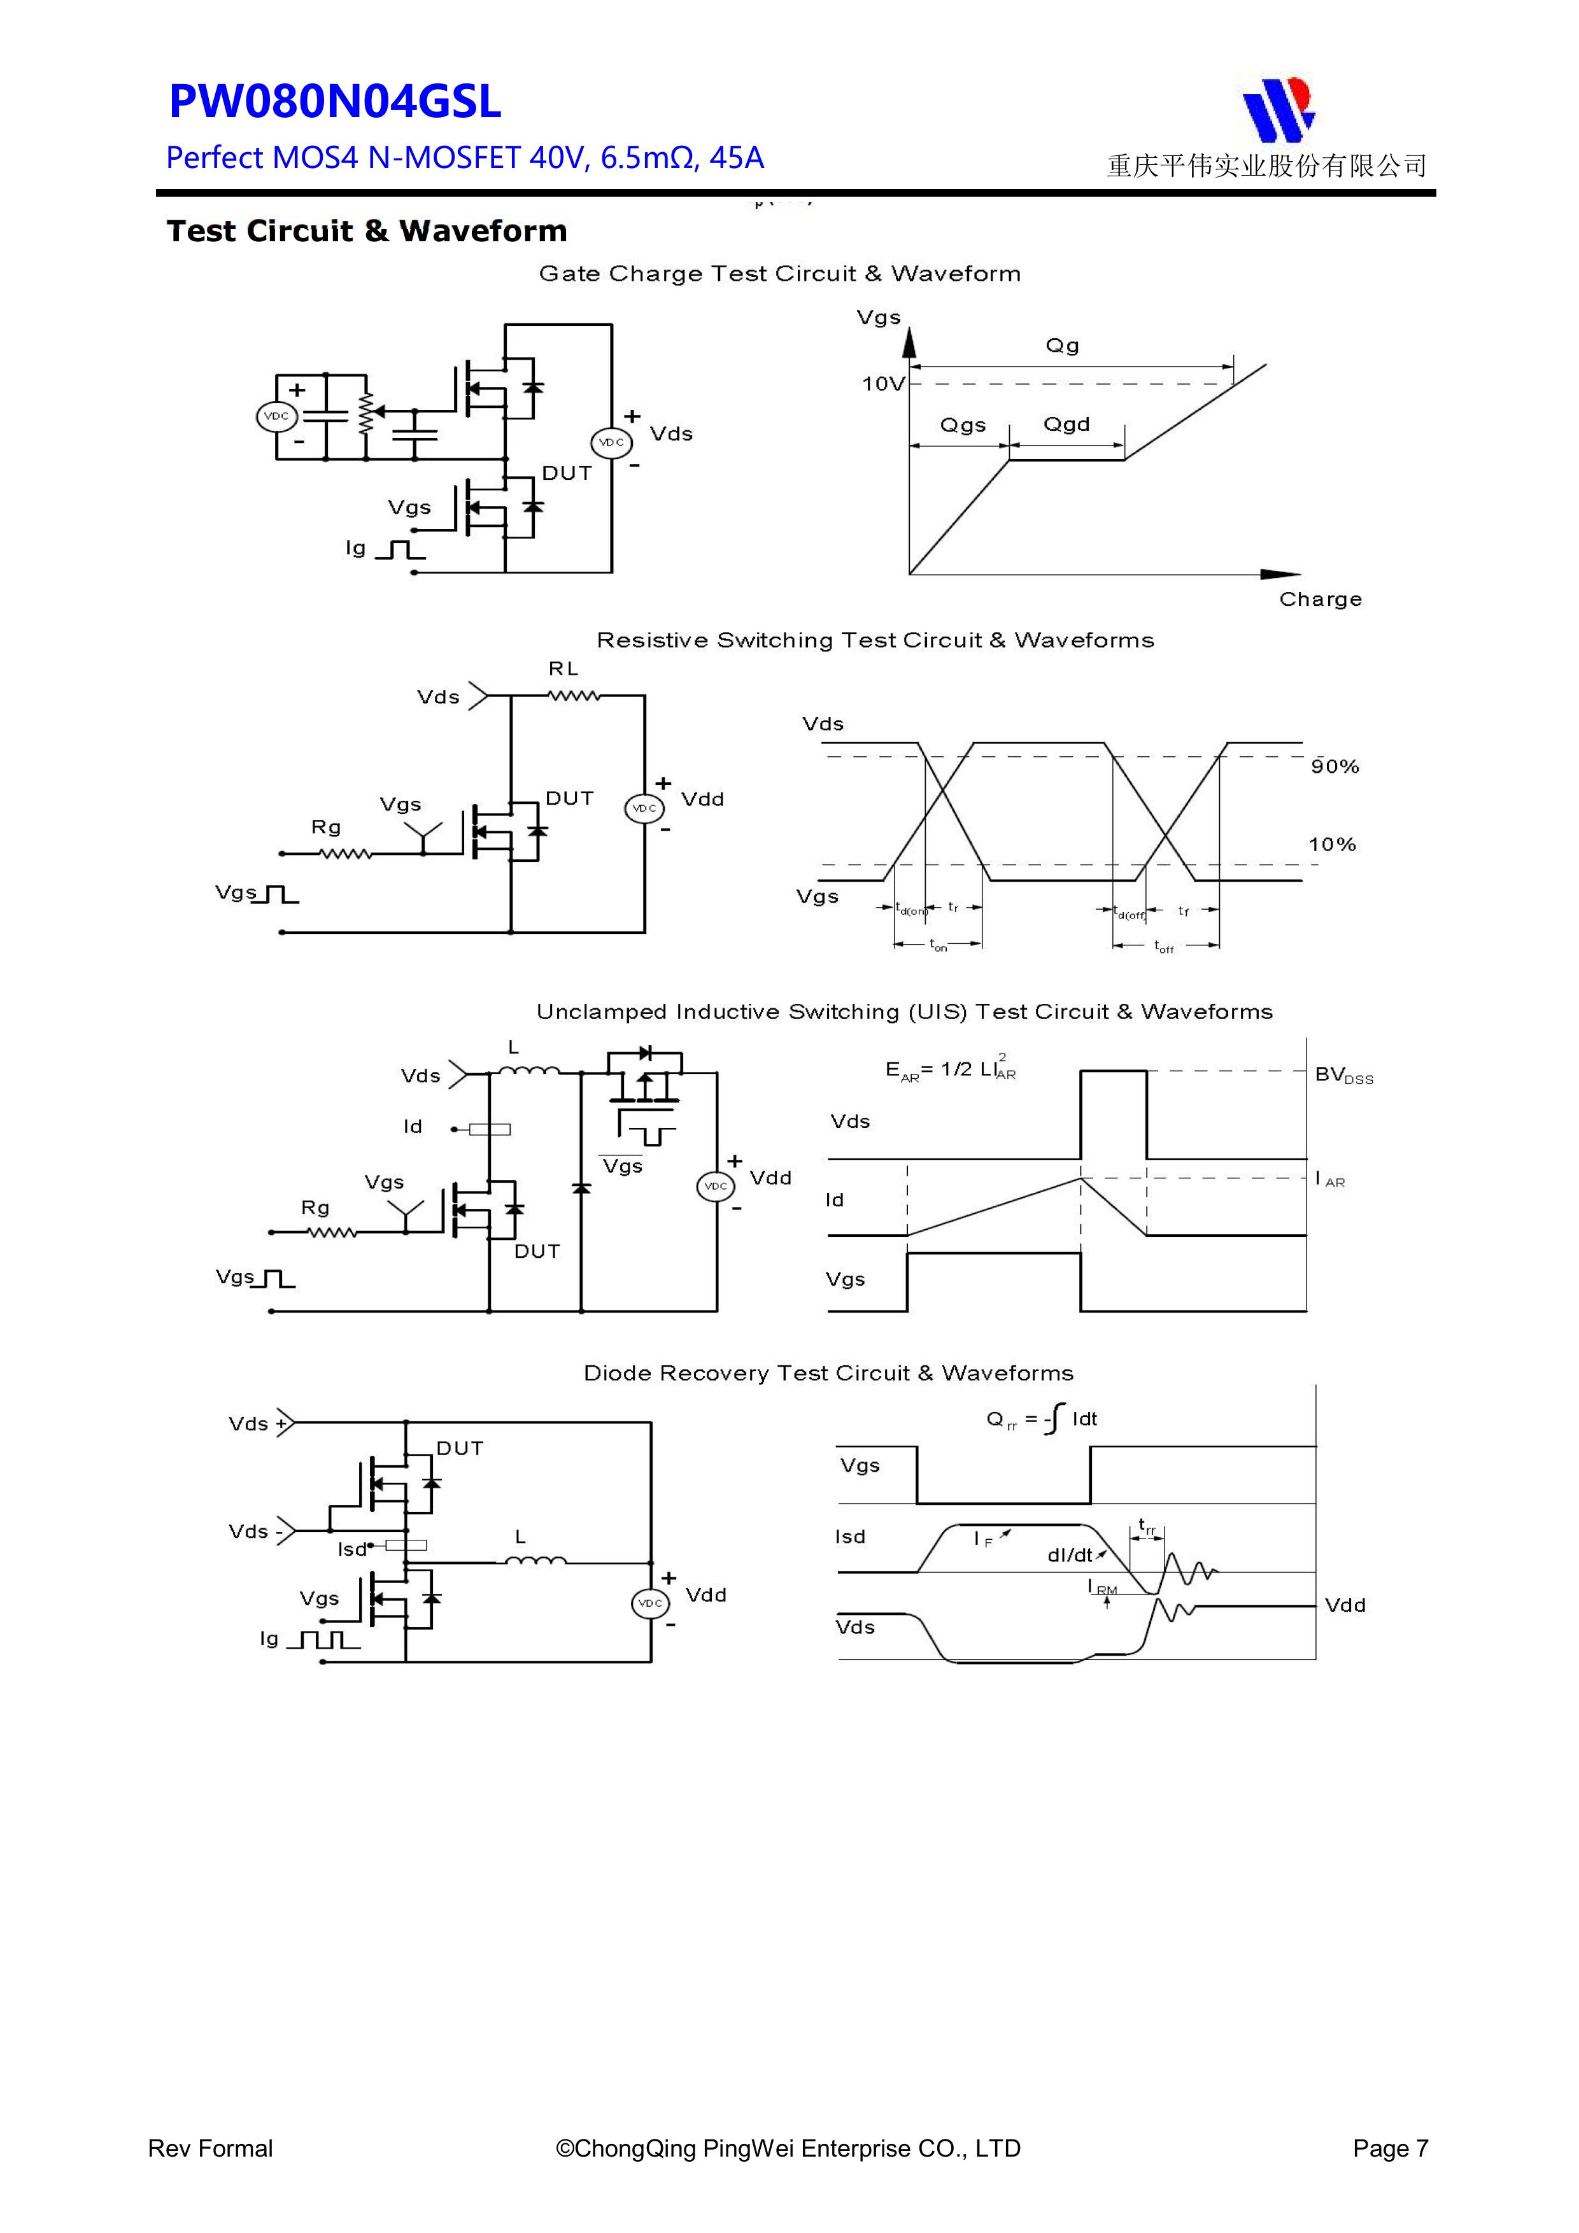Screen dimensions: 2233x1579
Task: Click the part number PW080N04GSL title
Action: coord(335,102)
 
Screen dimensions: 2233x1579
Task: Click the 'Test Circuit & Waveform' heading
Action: coord(366,232)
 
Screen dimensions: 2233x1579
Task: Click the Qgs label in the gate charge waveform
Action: coord(962,425)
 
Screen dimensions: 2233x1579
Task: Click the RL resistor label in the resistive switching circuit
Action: coord(563,668)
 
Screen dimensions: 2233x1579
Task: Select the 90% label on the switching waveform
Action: coord(1334,766)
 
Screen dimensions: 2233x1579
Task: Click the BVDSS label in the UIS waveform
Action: coord(1343,1074)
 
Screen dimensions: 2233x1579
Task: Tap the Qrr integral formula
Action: coord(1041,1419)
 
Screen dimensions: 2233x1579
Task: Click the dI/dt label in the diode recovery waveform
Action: coord(1070,1555)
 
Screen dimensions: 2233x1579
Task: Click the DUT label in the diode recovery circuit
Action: coord(459,1448)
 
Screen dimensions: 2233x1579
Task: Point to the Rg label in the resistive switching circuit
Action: coord(326,827)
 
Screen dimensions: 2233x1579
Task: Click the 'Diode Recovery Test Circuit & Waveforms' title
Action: coord(828,1373)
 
